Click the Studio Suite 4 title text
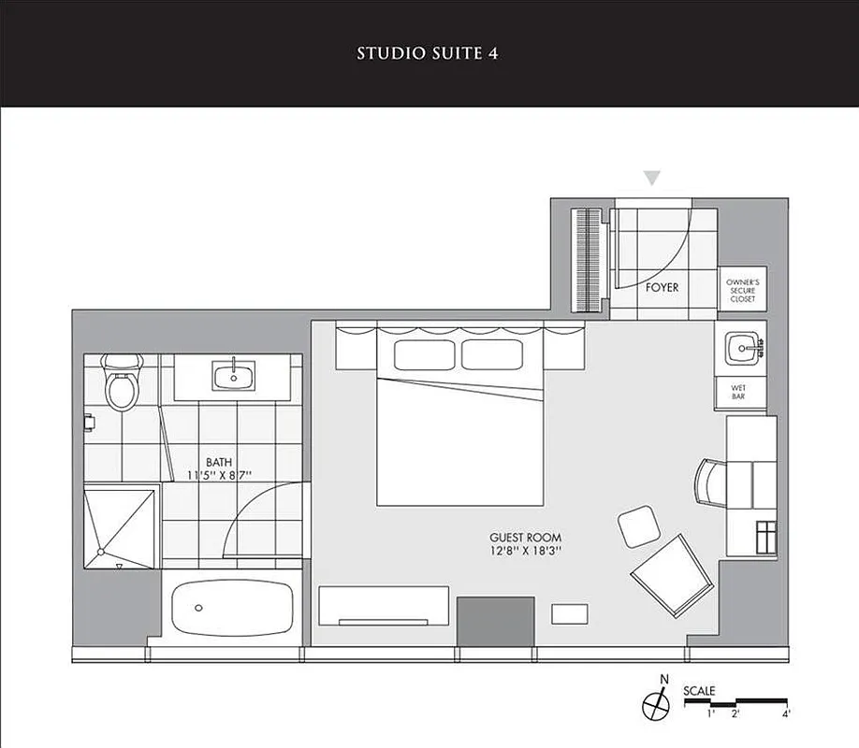click(427, 53)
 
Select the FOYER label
click(662, 288)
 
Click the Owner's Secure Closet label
click(742, 291)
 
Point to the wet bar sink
click(744, 348)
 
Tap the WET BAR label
click(738, 392)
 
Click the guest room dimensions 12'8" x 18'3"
click(526, 552)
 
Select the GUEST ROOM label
click(526, 538)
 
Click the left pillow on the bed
click(424, 354)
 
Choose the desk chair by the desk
click(709, 482)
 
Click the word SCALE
click(699, 691)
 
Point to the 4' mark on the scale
click(786, 714)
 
